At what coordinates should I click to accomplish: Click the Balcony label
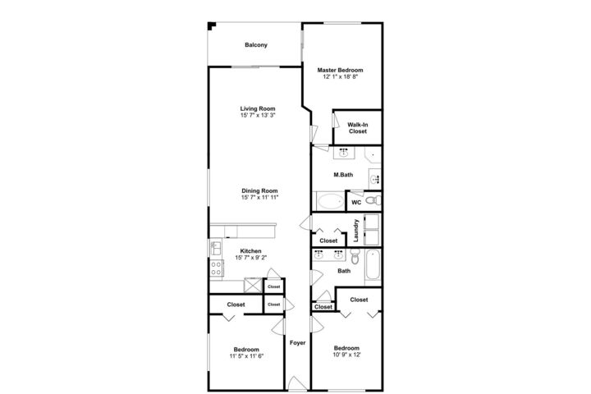256,45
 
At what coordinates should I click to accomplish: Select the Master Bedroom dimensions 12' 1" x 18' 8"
340,76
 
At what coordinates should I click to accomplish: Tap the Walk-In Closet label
358,128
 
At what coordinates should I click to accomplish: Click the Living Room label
258,108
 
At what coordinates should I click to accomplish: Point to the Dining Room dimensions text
259,197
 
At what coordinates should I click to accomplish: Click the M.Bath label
343,175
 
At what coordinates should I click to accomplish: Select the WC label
356,203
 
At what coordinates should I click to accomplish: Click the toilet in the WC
373,200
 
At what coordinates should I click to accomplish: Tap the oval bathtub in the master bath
330,201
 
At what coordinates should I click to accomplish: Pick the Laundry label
356,231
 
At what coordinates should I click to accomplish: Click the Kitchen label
250,251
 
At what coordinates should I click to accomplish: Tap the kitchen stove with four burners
217,268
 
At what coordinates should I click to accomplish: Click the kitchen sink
216,248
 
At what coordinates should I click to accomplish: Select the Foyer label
297,343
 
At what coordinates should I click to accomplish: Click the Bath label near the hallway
344,271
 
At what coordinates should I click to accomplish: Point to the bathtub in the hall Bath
373,264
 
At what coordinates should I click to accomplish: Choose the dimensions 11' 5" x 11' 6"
246,356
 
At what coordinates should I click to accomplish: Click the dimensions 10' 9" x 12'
346,355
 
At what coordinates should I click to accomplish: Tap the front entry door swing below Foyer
297,383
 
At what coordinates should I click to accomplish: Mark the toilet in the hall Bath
355,255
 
